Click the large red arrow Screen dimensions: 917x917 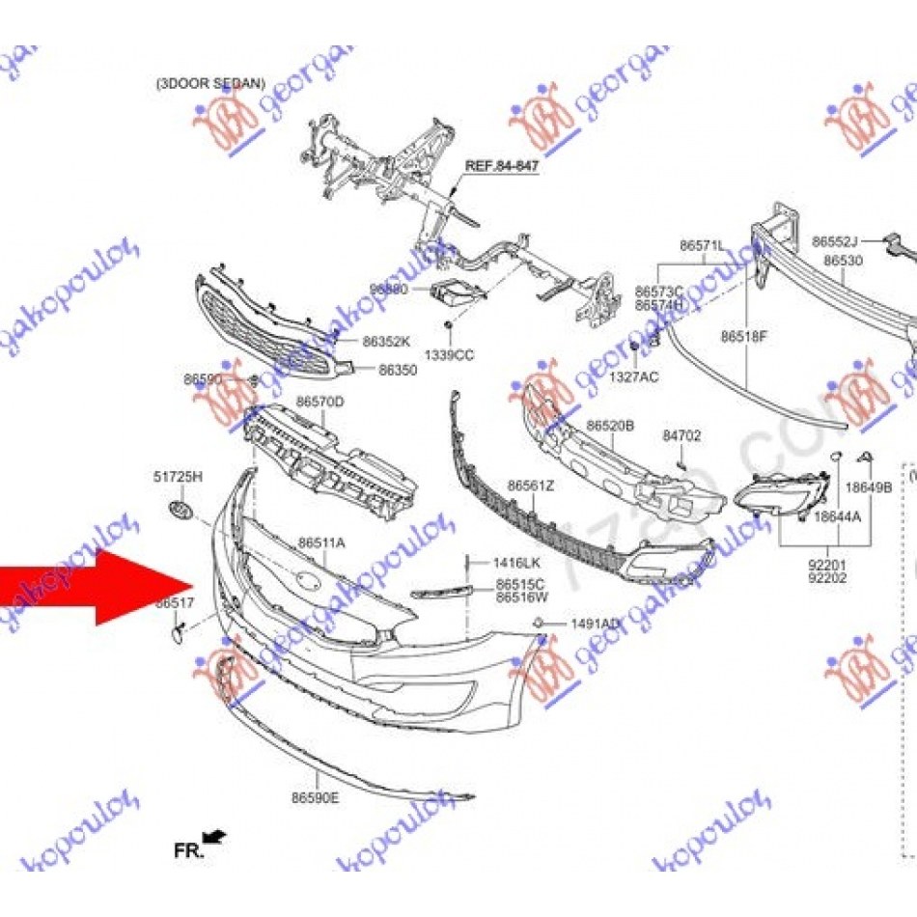coord(92,585)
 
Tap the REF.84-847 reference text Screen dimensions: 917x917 coord(502,167)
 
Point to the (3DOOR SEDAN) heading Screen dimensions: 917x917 coord(210,84)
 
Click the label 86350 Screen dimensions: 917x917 coord(398,370)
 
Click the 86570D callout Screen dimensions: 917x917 coord(320,401)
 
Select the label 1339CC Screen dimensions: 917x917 coord(450,355)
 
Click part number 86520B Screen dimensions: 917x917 coord(611,426)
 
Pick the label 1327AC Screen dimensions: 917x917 coord(634,376)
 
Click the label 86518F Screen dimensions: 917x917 coord(743,337)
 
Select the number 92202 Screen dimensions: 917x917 coord(828,579)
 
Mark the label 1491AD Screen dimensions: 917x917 coord(596,625)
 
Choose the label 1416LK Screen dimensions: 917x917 coord(516,562)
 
